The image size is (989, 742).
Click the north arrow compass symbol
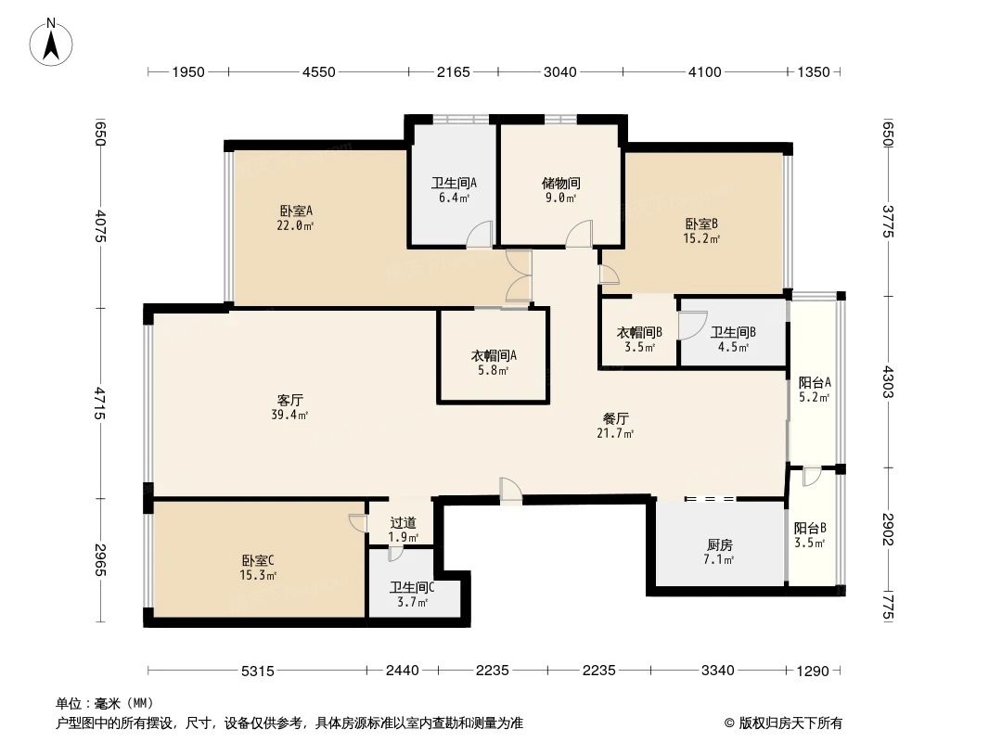click(53, 42)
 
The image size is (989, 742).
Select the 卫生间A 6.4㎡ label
click(454, 190)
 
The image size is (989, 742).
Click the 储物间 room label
click(560, 190)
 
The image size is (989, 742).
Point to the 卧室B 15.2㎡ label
click(702, 230)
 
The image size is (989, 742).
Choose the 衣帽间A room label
click(494, 363)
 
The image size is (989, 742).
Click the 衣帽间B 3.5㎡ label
click(639, 339)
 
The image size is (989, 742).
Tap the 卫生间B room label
click(733, 339)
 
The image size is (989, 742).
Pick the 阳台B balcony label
click(809, 535)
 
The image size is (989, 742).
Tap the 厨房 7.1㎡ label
click(718, 552)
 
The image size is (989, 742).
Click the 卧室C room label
click(257, 568)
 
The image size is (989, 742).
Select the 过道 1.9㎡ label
click(404, 530)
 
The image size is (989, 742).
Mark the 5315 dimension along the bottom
click(257, 671)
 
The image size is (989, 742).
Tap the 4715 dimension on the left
click(100, 403)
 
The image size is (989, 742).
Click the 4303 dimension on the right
click(887, 381)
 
